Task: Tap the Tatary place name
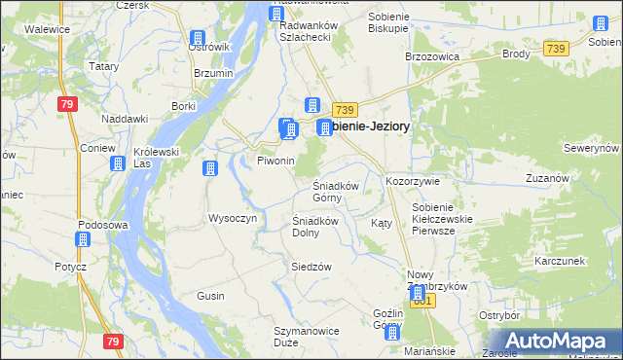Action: [103, 66]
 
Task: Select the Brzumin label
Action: [213, 73]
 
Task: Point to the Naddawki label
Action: [125, 118]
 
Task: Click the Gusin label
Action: [210, 295]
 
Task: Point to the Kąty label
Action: [382, 223]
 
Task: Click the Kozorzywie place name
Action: [414, 181]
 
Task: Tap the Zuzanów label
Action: [546, 178]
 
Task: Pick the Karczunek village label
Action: [559, 262]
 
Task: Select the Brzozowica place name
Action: [431, 56]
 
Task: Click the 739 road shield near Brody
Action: [556, 49]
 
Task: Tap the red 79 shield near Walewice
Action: [66, 104]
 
